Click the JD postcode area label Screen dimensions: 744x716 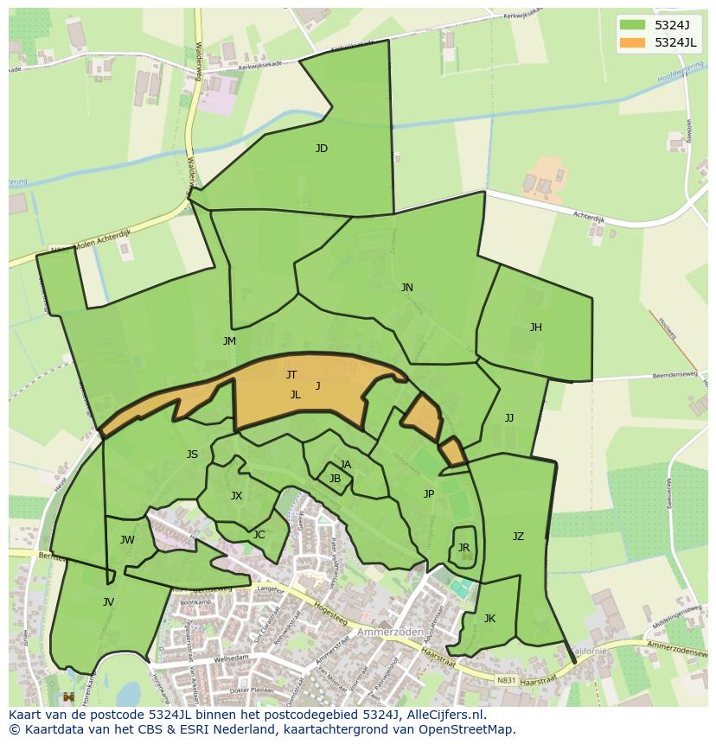[322, 149]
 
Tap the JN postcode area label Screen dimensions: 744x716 [406, 288]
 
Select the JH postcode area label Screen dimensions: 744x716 [536, 327]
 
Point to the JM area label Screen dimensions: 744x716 [229, 341]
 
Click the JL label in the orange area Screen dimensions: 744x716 [295, 395]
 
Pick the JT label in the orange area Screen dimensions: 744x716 [291, 375]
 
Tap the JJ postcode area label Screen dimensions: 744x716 [509, 418]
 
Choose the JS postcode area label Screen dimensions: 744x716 [192, 455]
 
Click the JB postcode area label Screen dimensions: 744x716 [335, 479]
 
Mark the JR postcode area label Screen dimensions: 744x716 [463, 548]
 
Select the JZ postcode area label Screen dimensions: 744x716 [518, 537]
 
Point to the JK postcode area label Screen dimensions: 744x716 [489, 619]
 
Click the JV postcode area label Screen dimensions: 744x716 [108, 602]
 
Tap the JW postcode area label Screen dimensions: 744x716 [127, 541]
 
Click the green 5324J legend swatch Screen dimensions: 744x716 [632, 24]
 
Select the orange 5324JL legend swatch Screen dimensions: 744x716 [632, 42]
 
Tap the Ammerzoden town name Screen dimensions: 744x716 [397, 632]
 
